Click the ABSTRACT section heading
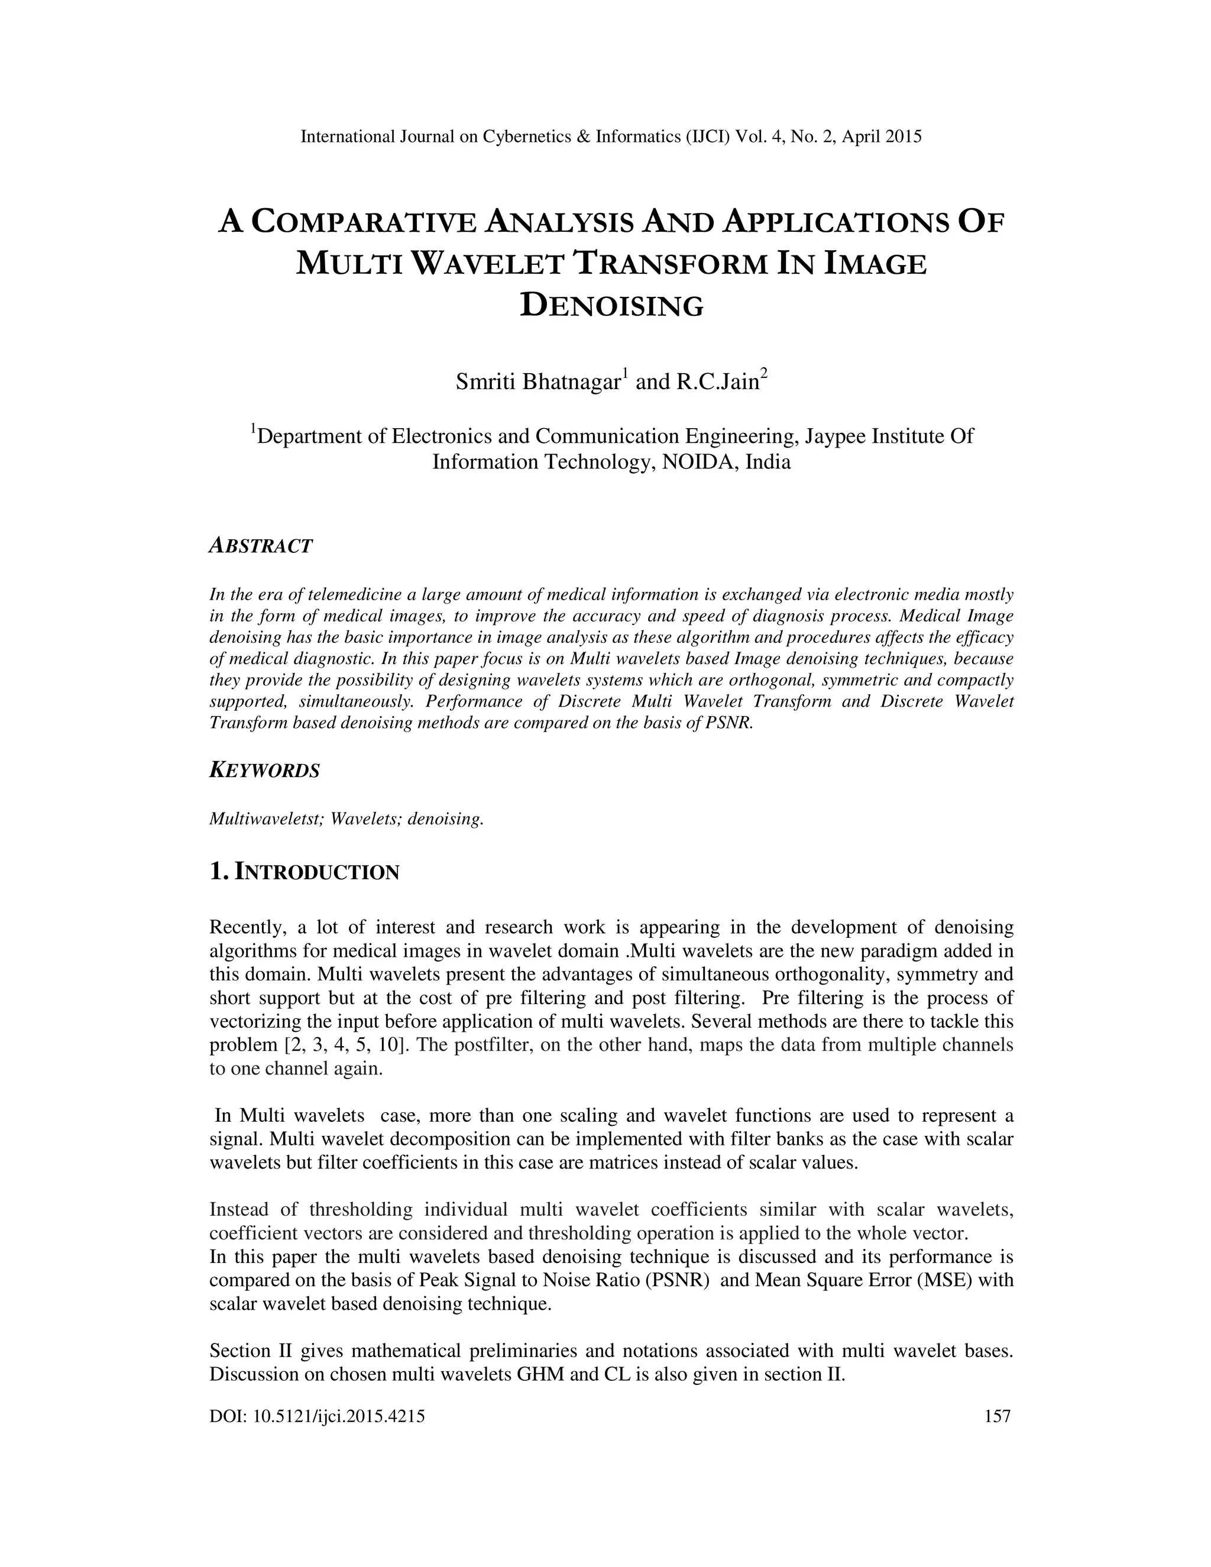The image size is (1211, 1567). (x=260, y=546)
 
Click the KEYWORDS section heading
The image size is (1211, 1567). (x=264, y=771)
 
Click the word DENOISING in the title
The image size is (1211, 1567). (x=611, y=306)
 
